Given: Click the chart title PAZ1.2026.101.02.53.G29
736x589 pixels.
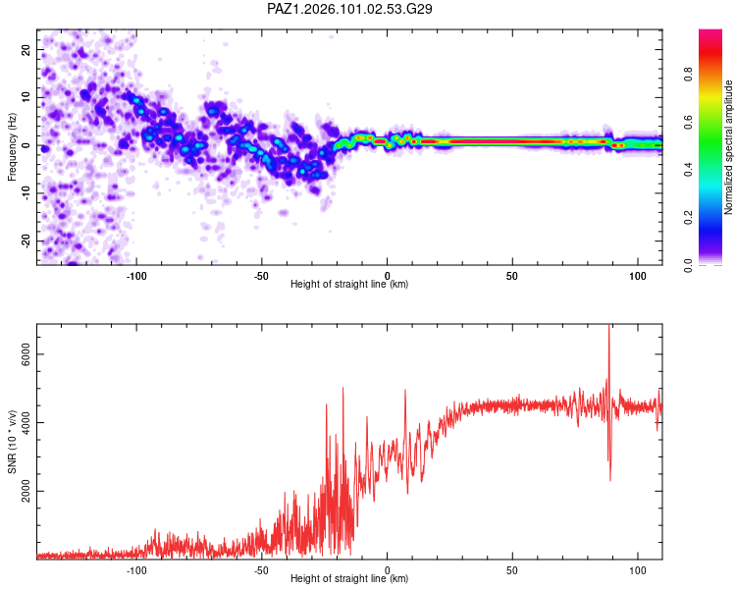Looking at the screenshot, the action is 349,9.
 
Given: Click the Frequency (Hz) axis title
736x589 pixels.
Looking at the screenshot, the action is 12,147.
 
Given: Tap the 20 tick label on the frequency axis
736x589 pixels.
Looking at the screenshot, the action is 26,49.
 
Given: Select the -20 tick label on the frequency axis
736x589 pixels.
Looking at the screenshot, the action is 26,241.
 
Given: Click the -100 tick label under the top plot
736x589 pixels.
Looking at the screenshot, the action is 136,276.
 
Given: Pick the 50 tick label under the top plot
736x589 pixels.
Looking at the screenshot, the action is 512,276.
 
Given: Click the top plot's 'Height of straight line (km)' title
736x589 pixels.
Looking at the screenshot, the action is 349,284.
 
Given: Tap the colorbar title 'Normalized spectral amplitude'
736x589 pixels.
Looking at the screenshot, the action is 728,147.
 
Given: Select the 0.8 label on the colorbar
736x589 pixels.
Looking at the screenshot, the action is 688,74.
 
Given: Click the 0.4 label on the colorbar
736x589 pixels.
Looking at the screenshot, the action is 688,169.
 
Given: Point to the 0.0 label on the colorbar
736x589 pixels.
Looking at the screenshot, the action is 688,265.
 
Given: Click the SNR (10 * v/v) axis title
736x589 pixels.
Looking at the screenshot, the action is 12,442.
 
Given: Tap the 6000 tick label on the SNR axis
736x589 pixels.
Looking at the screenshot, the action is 26,354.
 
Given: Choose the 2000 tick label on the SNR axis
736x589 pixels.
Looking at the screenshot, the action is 26,491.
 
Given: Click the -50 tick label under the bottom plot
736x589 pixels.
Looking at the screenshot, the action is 261,570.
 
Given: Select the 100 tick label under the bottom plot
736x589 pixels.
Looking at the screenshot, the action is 638,570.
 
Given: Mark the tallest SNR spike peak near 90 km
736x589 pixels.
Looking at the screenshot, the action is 608,325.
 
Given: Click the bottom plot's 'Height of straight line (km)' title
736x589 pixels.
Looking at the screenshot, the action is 349,578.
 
